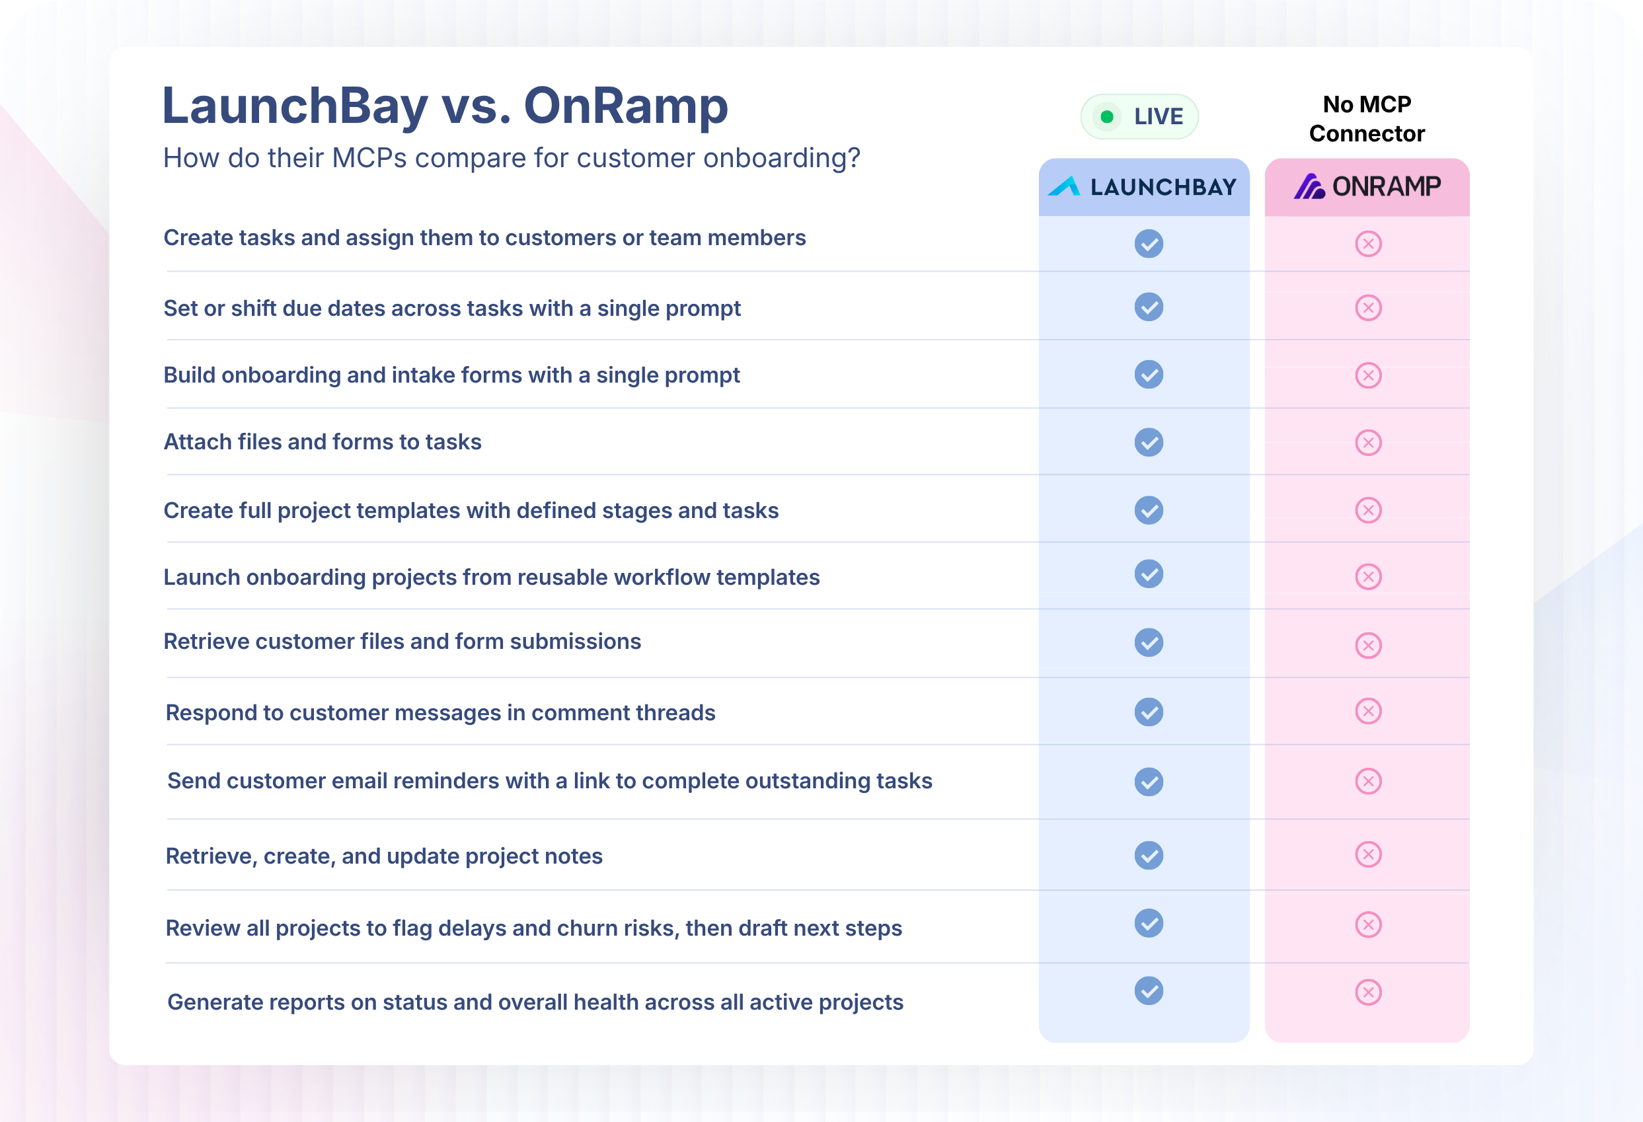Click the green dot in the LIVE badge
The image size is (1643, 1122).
(1107, 117)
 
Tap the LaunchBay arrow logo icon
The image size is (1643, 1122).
(1064, 186)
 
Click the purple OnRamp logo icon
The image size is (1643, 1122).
(1309, 186)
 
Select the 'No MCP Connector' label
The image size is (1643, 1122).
(1367, 119)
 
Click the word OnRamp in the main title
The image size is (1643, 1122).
(626, 105)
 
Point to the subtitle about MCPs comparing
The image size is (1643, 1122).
(512, 159)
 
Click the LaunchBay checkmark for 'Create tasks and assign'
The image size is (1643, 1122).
(1149, 244)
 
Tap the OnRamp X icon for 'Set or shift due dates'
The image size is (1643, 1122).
(1368, 308)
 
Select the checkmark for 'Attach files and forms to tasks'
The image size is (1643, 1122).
(1149, 443)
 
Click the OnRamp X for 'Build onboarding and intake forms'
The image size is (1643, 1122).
(1368, 375)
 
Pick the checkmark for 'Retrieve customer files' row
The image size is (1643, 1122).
(1149, 643)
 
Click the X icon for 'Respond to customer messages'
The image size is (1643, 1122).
(1368, 711)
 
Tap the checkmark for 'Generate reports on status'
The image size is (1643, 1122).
(1149, 991)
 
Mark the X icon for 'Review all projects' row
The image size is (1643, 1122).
(1368, 924)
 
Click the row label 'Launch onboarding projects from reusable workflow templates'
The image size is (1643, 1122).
(491, 578)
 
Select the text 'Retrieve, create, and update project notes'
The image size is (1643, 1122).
(384, 856)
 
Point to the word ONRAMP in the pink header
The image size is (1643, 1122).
(1387, 186)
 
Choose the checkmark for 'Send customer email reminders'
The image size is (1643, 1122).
(1149, 782)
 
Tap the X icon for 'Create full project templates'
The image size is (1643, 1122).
(1368, 510)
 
